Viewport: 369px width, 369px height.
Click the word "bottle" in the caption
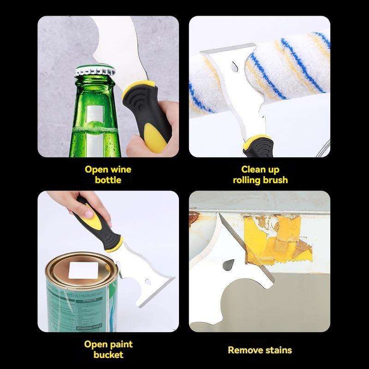pyautogui.click(x=108, y=180)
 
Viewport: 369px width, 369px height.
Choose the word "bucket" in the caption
pyautogui.click(x=108, y=355)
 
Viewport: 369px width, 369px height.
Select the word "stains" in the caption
pyautogui.click(x=279, y=350)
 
